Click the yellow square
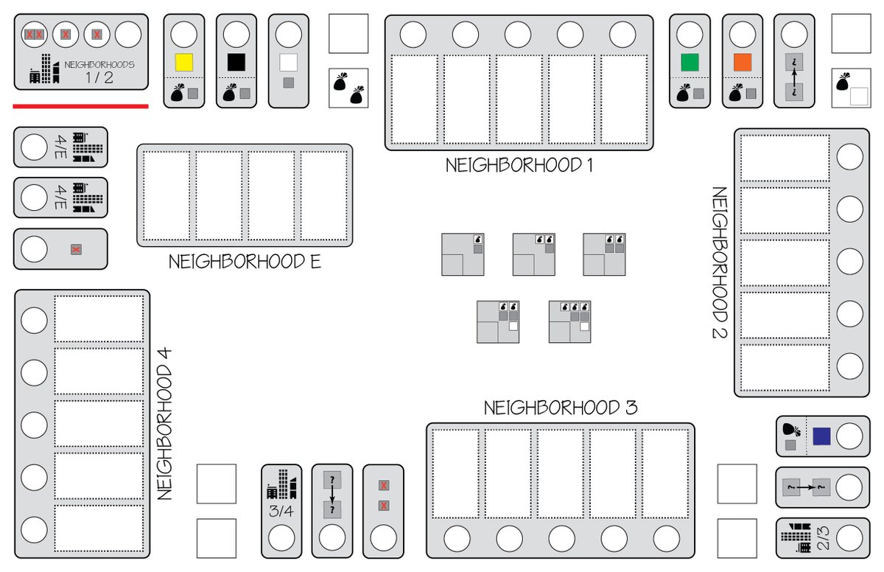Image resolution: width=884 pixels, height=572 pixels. coord(183,61)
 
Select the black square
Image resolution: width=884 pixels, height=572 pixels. coord(236,61)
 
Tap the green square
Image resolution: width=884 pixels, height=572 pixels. coord(690,61)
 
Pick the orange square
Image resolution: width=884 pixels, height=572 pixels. coord(743,61)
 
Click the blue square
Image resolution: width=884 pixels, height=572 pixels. coord(821,436)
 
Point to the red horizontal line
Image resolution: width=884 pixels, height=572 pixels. coord(80,106)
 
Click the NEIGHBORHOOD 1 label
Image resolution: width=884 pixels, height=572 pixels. coord(519,165)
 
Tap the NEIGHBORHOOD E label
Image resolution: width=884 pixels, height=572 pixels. coord(245,262)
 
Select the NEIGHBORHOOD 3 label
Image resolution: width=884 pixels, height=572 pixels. coord(561,408)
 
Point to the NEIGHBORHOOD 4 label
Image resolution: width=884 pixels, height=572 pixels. coord(164,424)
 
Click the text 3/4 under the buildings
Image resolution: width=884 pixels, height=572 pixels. coord(281,511)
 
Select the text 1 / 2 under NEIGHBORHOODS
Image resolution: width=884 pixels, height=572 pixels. coord(99,77)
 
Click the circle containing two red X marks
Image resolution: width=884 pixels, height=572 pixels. coord(34,34)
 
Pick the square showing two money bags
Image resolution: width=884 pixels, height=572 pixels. coord(348,88)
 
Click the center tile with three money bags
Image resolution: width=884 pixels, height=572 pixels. coord(569,321)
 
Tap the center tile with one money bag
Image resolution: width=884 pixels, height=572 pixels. coord(463,254)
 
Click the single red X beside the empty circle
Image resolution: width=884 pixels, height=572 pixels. coord(75,250)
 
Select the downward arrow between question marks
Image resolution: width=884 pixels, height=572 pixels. coord(332,495)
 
